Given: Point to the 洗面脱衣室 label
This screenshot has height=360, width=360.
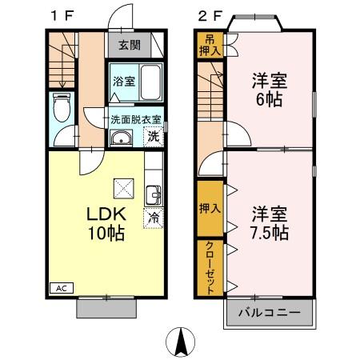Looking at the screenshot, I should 136,119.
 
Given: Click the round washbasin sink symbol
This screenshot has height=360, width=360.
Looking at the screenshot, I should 123,139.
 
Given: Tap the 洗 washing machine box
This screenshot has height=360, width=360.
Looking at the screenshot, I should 154,137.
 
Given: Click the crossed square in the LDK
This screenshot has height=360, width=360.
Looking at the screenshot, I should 124,190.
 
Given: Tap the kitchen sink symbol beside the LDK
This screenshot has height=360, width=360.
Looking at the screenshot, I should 153,194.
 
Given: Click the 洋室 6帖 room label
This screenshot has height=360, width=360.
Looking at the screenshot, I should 269,90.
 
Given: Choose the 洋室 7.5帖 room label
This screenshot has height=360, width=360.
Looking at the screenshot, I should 269,223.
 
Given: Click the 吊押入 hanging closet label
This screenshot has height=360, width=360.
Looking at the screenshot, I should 209,46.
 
